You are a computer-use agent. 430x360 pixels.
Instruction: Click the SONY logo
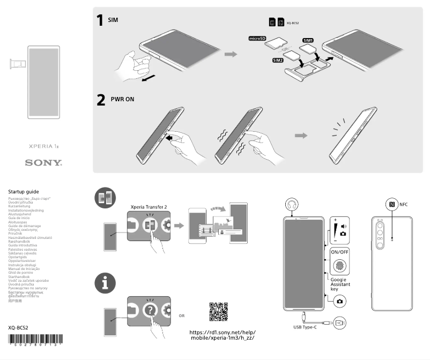click(44, 162)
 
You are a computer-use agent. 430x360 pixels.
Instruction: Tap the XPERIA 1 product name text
click(44, 146)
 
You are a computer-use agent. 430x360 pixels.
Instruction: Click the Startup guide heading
click(24, 191)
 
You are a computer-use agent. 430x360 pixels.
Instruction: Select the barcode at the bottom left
click(35, 340)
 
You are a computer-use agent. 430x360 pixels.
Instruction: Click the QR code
click(219, 312)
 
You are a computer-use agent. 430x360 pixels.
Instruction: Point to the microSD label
click(257, 39)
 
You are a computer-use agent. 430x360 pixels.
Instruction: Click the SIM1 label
click(308, 40)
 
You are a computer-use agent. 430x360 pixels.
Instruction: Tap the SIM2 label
click(278, 61)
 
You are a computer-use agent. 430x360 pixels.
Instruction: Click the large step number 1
click(100, 20)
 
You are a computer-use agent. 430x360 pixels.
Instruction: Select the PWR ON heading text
click(122, 99)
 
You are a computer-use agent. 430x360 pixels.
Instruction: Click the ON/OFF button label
click(339, 251)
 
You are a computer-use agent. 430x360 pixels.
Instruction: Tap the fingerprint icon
click(339, 266)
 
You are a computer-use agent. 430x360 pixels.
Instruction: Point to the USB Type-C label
click(305, 327)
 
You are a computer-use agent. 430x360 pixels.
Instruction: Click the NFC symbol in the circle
click(391, 204)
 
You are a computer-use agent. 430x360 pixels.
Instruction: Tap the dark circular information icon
click(105, 284)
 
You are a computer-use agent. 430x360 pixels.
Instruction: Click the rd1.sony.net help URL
click(223, 335)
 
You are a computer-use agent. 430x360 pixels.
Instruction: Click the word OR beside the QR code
click(182, 316)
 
